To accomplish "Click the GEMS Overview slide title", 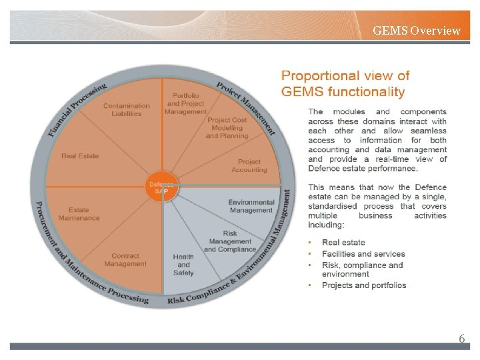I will point(416,30).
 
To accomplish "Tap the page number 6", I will point(461,339).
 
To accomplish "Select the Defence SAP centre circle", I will point(162,188).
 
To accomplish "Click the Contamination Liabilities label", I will point(127,109).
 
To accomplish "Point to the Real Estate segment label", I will point(80,156).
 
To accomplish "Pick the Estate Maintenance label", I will point(79,214).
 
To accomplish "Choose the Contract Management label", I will point(125,259).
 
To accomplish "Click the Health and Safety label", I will point(183,265).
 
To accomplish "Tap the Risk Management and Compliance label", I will point(230,241).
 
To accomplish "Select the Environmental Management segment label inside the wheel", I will point(251,206).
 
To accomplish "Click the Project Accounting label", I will point(249,165).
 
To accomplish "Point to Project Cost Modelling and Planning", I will point(227,128).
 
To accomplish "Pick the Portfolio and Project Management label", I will point(186,104).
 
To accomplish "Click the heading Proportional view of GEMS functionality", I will point(345,84).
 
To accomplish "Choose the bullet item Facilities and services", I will point(363,254).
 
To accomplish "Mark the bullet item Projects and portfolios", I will point(364,285).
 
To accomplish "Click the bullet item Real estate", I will point(343,243).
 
